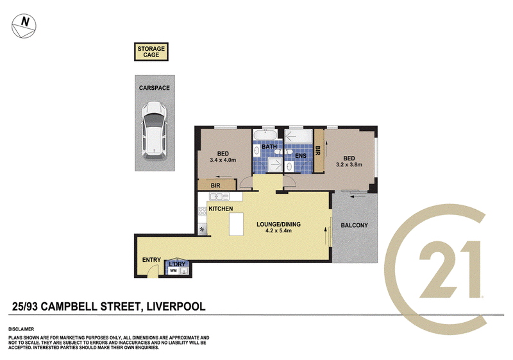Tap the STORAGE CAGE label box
[x=151, y=51]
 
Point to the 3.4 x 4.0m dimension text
[x=224, y=160]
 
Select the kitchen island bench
[x=236, y=225]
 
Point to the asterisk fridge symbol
[x=203, y=229]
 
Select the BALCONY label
[x=354, y=225]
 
